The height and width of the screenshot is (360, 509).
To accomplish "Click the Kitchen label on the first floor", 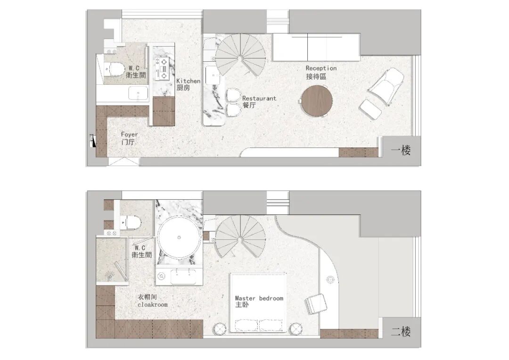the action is tap(188, 84).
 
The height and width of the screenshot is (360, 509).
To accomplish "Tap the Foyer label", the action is tap(129, 138).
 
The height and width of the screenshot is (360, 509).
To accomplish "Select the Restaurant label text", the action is tap(259, 102).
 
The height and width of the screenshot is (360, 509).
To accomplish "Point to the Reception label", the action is tap(321, 72).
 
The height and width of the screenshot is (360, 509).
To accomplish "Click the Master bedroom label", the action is tap(259, 301).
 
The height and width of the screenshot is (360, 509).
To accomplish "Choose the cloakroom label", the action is tap(153, 301).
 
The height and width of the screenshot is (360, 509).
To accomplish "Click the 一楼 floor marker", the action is tap(401, 150).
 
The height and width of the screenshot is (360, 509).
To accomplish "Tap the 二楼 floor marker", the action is tap(401, 331).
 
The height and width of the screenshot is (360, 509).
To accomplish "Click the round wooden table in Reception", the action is tap(317, 101).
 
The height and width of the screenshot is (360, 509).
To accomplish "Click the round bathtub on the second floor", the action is tap(179, 237).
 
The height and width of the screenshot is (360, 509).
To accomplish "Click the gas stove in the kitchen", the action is tap(162, 69).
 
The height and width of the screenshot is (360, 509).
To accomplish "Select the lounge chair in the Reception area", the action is tap(386, 86).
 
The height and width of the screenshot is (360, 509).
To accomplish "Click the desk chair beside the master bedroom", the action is tap(315, 304).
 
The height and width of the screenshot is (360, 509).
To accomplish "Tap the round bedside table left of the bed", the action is tap(221, 328).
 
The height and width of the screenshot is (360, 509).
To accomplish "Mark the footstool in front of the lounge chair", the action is tap(371, 109).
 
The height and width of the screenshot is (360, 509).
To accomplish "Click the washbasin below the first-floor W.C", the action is tap(138, 94).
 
